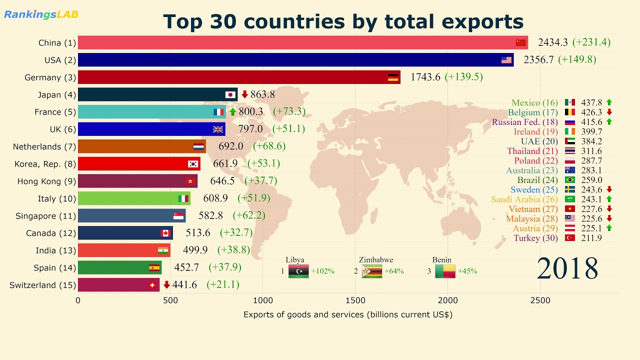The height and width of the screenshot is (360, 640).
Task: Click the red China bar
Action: point(295,42)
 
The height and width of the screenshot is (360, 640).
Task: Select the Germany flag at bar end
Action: point(393,77)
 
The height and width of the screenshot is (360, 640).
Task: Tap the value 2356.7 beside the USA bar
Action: point(538,60)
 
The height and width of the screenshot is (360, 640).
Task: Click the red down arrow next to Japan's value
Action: point(244,94)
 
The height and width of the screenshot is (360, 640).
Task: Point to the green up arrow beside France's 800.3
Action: point(232,112)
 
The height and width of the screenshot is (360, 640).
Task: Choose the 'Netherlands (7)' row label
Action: point(44,146)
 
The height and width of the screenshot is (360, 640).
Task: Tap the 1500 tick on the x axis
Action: point(355,300)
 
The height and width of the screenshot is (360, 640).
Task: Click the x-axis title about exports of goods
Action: point(347,314)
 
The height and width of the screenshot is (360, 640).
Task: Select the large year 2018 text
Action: point(567,268)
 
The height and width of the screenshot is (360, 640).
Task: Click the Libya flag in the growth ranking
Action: point(298,271)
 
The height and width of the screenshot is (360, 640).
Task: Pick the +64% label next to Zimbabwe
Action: point(393,271)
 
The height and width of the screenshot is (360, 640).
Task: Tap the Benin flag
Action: point(445,271)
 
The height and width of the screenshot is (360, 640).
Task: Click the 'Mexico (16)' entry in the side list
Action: point(534,102)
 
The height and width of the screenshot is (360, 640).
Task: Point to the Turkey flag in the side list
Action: point(569,238)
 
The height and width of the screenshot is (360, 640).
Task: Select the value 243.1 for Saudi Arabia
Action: point(591,199)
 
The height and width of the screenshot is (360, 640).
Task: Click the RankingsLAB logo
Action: point(41,14)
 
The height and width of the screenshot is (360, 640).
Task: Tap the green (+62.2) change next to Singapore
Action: point(249,216)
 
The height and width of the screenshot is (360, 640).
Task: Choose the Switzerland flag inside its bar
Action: point(152,285)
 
